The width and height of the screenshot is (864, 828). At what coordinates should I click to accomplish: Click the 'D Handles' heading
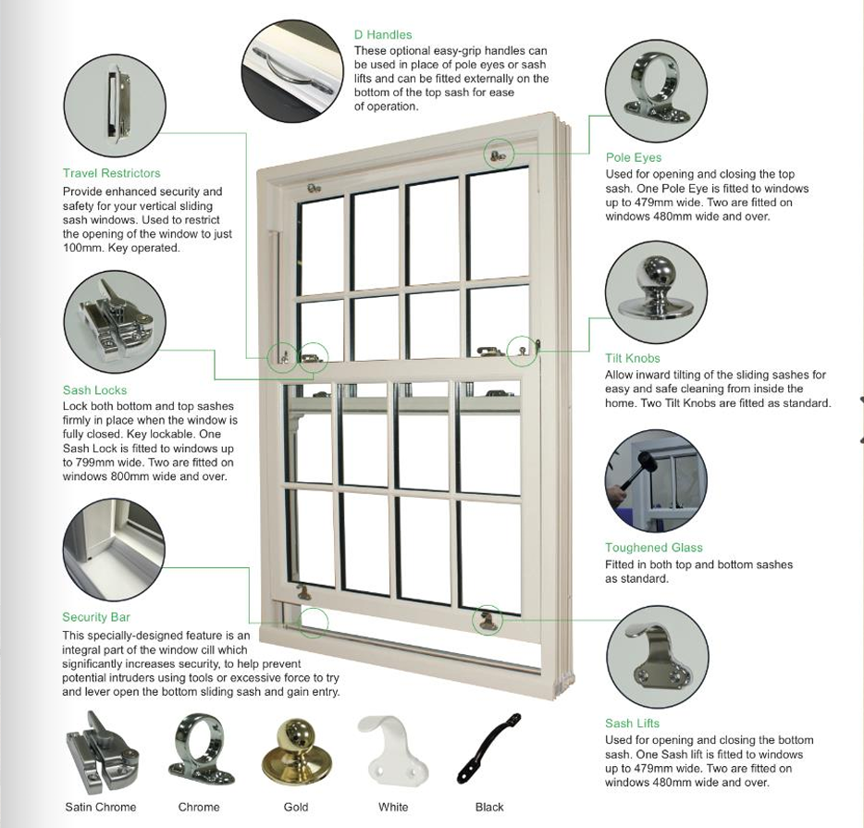pos(383,35)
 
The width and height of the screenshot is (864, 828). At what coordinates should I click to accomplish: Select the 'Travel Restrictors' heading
pos(111,173)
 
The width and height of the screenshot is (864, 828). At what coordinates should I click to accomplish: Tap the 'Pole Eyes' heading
pos(634,157)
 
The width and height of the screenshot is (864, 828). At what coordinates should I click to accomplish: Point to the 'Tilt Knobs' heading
pos(633,358)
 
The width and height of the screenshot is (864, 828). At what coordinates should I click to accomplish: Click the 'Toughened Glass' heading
pos(654,548)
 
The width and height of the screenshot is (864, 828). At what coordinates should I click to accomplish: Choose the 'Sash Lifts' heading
pos(632,723)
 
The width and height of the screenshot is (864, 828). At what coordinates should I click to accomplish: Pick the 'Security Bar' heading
pos(96,617)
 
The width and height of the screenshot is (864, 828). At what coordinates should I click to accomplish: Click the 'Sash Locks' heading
pos(94,390)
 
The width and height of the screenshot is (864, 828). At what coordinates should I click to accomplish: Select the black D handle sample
pos(489,748)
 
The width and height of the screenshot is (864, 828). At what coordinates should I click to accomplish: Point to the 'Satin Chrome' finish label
pos(100,807)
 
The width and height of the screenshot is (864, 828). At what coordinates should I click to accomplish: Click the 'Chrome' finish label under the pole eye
pos(199,807)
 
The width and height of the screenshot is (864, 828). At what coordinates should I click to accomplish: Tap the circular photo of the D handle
pos(292,71)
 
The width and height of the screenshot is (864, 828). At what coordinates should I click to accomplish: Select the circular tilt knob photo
pos(656,292)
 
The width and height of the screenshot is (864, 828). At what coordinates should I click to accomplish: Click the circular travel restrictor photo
pos(115,105)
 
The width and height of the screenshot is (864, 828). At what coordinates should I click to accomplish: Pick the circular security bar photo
pos(114,550)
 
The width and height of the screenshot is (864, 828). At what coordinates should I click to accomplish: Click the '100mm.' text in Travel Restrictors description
pos(84,248)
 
